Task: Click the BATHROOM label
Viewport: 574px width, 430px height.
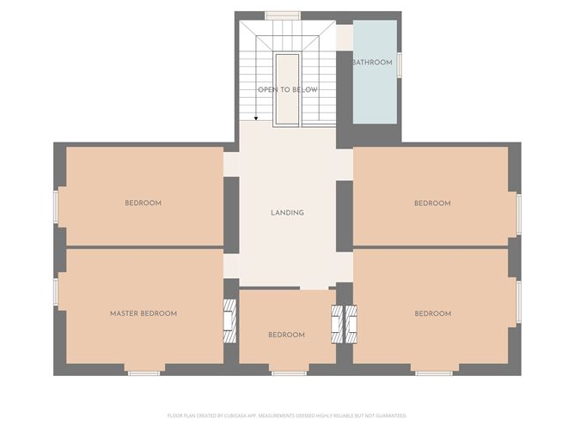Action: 372,63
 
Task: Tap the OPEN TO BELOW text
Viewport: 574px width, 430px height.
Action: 288,89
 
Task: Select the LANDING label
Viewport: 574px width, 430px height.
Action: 287,213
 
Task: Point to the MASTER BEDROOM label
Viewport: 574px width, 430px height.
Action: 143,313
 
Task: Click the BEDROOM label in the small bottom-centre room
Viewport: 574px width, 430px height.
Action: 286,335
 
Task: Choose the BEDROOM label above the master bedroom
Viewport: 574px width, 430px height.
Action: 143,203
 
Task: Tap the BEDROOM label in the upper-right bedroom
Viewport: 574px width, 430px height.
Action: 432,203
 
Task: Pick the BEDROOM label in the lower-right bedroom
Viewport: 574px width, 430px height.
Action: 432,313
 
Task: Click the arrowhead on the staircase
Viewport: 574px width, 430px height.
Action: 255,118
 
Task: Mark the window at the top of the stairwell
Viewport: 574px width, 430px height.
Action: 282,15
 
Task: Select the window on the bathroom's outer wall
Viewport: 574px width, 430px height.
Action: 399,64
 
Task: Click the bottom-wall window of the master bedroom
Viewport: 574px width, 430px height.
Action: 143,372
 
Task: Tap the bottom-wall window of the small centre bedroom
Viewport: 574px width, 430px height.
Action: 289,372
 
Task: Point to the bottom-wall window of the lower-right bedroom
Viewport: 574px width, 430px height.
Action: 434,372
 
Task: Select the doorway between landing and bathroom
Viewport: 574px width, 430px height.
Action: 344,38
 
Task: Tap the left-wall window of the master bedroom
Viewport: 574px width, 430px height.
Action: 56,292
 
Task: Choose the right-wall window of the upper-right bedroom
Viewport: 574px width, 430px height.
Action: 518,214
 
